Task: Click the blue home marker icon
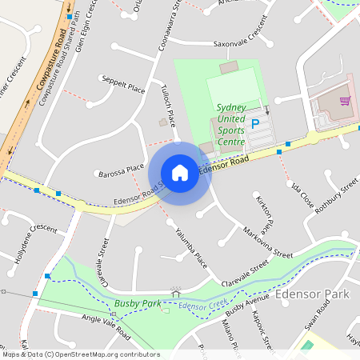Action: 180,173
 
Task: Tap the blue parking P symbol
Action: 255,124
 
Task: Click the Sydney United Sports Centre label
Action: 231,125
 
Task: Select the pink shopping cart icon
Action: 345,101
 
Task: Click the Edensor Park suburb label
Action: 312,294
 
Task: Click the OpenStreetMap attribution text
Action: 80,354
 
